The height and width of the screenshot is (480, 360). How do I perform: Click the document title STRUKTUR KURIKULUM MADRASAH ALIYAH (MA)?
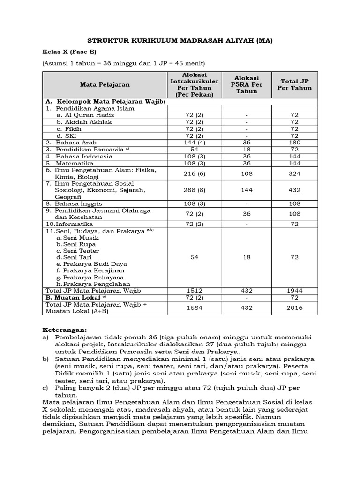pos(180,41)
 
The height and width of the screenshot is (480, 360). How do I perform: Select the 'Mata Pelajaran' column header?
pos(105,85)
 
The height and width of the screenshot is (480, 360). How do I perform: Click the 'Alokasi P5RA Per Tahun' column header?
pos(247,85)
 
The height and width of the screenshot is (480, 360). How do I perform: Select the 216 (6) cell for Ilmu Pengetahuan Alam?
pos(195,173)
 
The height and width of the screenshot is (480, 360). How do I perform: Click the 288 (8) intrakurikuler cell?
pos(195,190)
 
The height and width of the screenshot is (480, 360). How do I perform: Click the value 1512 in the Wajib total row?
pos(195,291)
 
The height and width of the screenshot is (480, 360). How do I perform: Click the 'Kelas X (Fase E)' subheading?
pos(69,52)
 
